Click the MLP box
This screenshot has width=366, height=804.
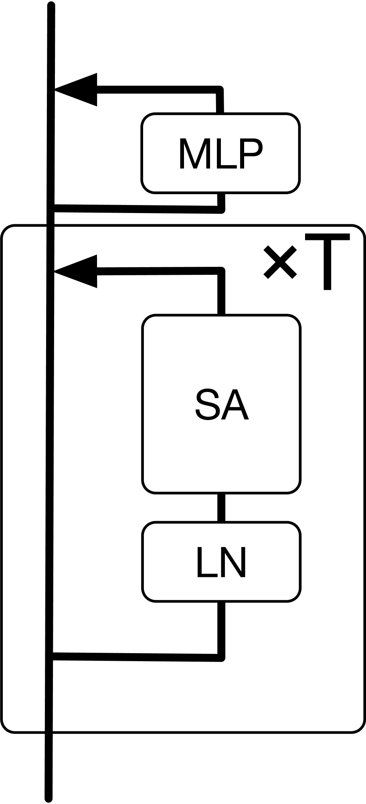coord(220,153)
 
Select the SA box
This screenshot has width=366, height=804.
coord(221,404)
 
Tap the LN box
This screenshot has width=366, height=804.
coord(221,561)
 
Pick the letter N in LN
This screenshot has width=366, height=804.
coord(234,562)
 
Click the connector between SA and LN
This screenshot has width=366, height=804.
coord(221,507)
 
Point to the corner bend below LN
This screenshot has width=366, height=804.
coord(221,658)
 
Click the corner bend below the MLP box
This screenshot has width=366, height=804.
coord(221,209)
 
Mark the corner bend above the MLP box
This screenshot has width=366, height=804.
coord(220,89)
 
